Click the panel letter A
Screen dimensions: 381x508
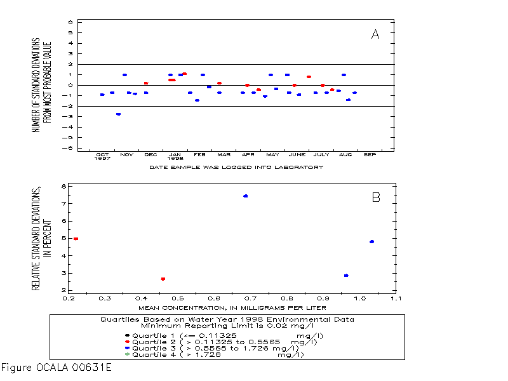click(x=375, y=35)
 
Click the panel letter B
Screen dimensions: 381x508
click(x=376, y=197)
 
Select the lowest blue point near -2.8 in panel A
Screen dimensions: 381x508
click(x=118, y=114)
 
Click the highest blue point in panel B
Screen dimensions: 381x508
click(x=245, y=196)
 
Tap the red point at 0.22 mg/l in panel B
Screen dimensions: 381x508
click(x=76, y=239)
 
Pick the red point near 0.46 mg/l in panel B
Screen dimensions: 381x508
click(x=163, y=279)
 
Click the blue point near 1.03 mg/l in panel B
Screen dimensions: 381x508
click(x=371, y=242)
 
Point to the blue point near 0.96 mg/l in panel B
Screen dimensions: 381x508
click(x=346, y=276)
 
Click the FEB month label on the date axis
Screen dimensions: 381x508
click(x=199, y=154)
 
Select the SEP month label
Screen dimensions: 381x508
click(x=370, y=154)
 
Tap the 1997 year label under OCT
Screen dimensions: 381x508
click(x=102, y=159)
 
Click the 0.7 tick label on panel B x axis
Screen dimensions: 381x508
click(x=250, y=297)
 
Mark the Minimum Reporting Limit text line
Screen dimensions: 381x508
click(x=227, y=325)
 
